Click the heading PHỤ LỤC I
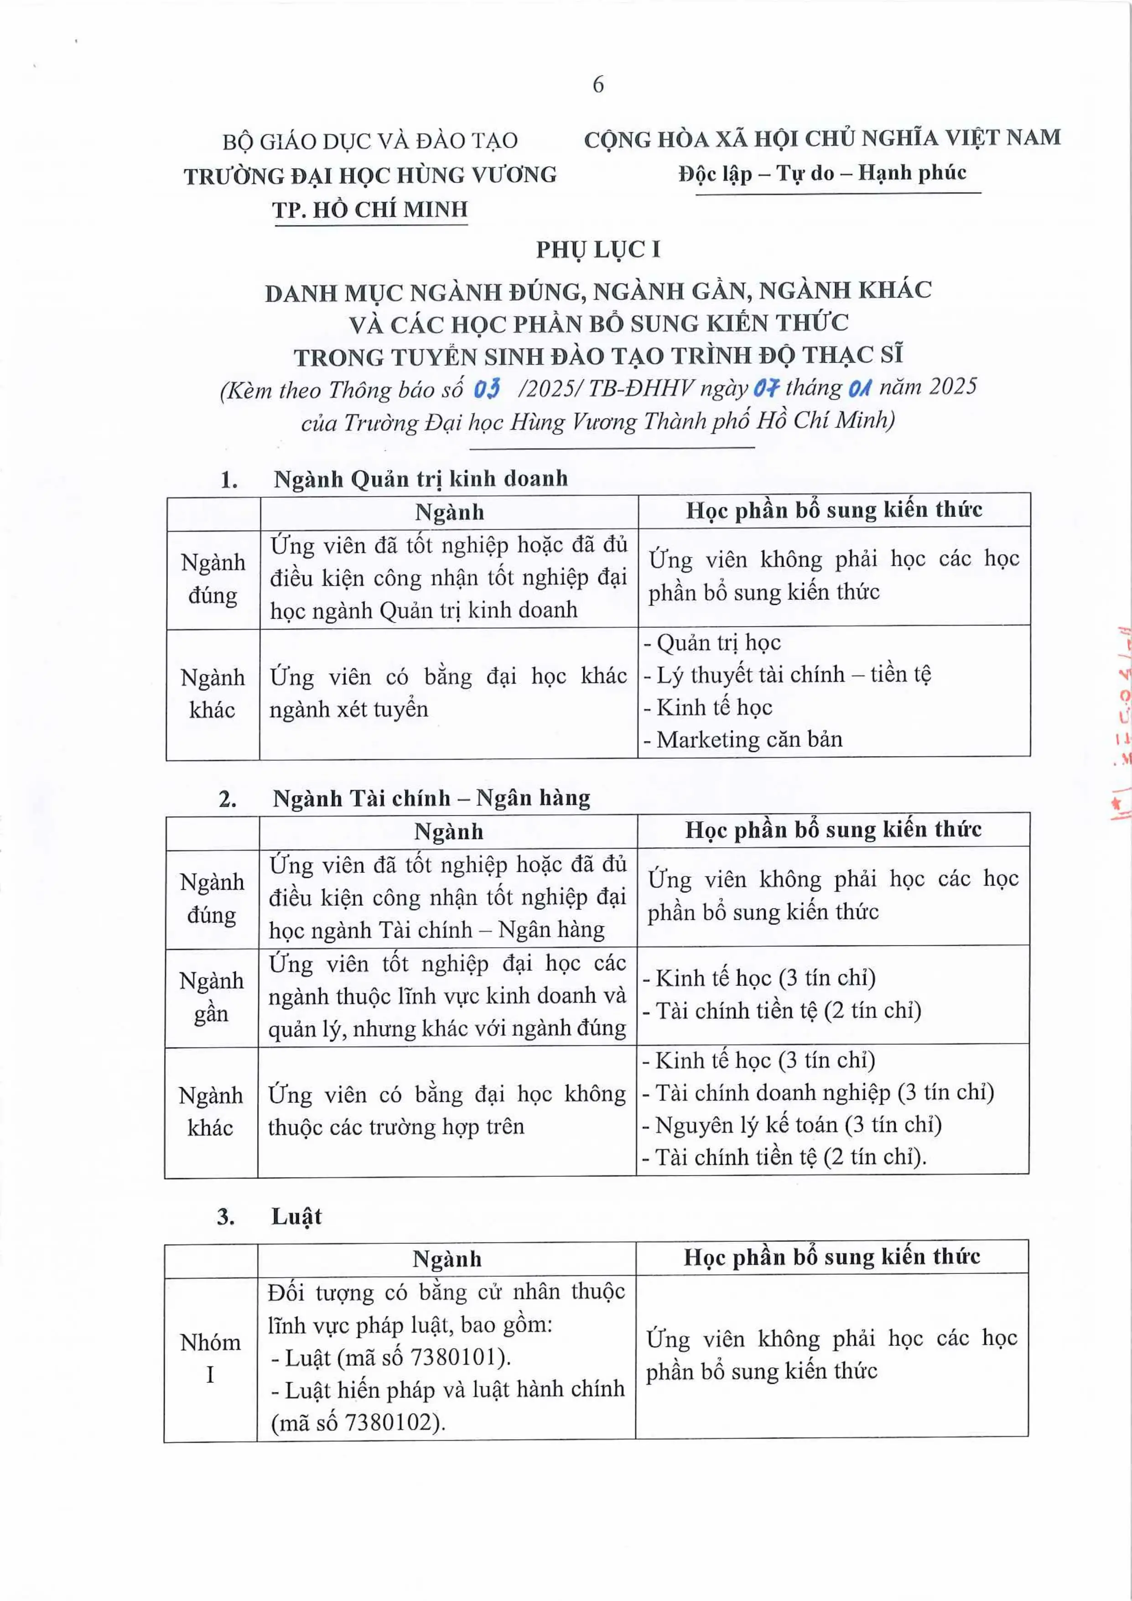pos(597,250)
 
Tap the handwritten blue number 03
pos(487,388)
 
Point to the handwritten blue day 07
pos(766,388)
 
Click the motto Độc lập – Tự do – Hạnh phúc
pos(822,173)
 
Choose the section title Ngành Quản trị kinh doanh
pos(421,479)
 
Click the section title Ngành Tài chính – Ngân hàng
pos(431,798)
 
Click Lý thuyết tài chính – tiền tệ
pos(793,674)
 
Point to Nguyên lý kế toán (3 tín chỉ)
pos(798,1124)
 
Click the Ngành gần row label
pos(211,996)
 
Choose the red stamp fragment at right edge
pos(1120,725)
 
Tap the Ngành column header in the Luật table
pos(447,1259)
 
